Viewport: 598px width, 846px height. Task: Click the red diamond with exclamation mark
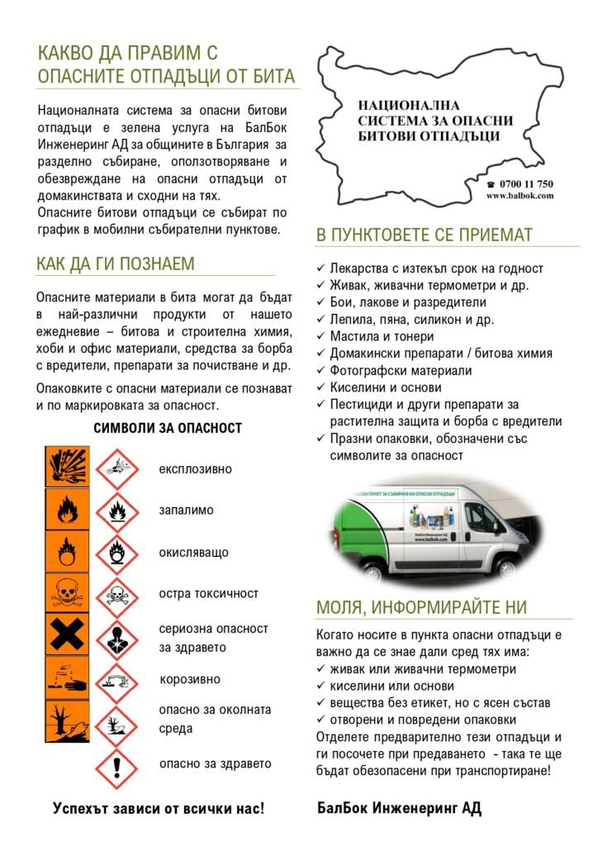(x=116, y=766)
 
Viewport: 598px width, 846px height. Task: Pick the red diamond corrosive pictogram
(x=116, y=680)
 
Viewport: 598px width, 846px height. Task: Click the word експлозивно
(x=195, y=469)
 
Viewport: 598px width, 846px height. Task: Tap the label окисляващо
(x=193, y=553)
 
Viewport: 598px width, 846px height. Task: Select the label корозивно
(x=189, y=680)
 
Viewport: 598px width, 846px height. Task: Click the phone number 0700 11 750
(x=524, y=184)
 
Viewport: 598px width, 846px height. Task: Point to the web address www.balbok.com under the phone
(x=520, y=196)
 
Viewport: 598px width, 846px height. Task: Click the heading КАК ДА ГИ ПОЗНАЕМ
(x=116, y=264)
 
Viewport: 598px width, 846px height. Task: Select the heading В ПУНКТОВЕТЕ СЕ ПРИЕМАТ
(x=424, y=235)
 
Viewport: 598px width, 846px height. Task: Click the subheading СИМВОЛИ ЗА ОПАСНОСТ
(x=167, y=428)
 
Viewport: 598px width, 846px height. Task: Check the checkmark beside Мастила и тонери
(x=321, y=337)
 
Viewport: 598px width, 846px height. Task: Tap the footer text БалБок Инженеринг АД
(x=399, y=807)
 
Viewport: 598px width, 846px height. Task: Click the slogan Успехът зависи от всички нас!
(x=159, y=807)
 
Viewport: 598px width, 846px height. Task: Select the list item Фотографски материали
(x=401, y=371)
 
